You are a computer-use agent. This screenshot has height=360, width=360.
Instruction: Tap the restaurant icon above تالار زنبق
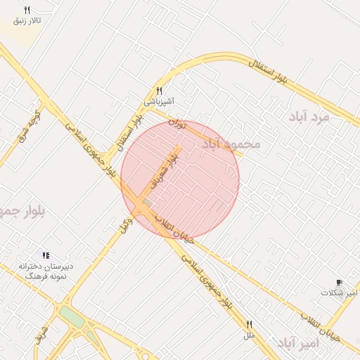(x=27, y=10)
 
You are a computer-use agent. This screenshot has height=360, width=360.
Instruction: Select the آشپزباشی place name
(x=160, y=101)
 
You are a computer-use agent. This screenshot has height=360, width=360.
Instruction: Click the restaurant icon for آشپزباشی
(x=160, y=91)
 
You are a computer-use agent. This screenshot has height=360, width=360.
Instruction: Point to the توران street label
(x=177, y=125)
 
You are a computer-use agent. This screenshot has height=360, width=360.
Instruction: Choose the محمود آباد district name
(x=231, y=144)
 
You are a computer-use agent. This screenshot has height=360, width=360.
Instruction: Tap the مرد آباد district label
(x=309, y=117)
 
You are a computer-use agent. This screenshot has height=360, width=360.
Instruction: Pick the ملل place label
(x=248, y=335)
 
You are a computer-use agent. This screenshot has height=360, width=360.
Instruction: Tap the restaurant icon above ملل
(x=248, y=324)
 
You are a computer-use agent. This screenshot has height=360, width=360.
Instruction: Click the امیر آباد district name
(x=298, y=343)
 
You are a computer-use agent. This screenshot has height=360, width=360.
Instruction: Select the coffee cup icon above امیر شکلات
(x=340, y=282)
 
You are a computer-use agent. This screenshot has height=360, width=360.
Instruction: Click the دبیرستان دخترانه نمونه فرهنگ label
(x=45, y=272)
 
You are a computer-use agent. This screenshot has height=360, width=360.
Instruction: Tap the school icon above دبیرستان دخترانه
(x=46, y=255)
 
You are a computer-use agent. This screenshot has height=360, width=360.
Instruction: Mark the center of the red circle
(x=180, y=179)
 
